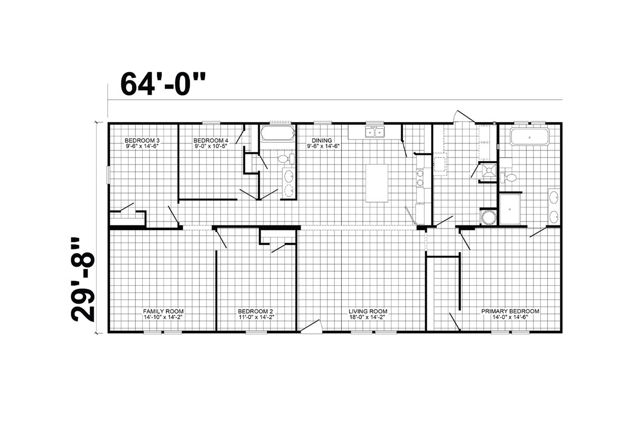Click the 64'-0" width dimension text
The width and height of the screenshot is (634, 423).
click(x=163, y=84)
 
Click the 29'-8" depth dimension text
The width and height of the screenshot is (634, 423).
click(x=83, y=279)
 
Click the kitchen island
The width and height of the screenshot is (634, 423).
click(x=377, y=183)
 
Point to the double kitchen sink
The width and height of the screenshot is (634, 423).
click(x=375, y=132)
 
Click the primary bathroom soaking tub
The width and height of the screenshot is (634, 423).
click(x=529, y=137)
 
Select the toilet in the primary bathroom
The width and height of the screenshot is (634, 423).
click(x=508, y=178)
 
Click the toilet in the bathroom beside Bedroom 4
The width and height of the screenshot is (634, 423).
click(x=286, y=159)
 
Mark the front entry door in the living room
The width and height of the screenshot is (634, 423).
click(x=311, y=326)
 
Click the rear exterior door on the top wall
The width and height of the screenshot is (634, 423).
click(x=465, y=117)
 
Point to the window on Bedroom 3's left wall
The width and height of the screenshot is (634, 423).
click(x=108, y=175)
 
